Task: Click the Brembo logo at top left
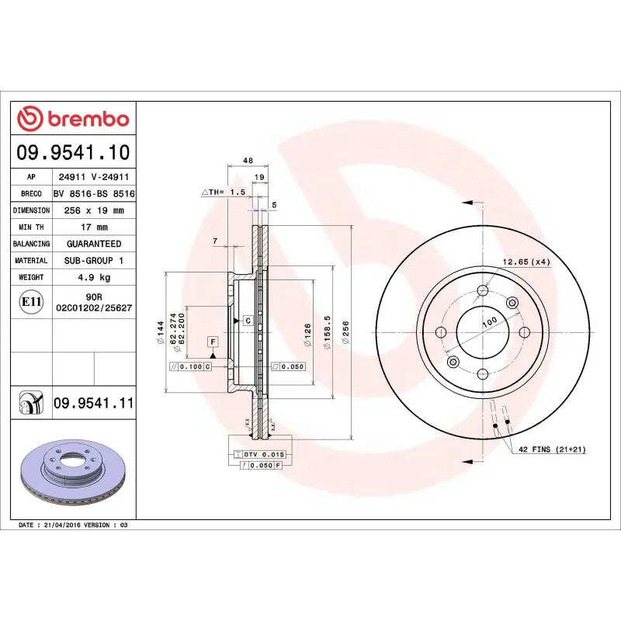tap(73, 119)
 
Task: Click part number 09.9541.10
tap(73, 151)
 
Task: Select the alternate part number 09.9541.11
tap(94, 404)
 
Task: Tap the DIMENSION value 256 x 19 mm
tap(94, 210)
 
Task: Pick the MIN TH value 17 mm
tap(94, 227)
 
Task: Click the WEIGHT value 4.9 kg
tap(94, 277)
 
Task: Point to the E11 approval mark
tap(31, 301)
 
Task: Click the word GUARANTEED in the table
tap(94, 244)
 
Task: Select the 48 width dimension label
tap(248, 161)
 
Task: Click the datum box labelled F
tap(211, 342)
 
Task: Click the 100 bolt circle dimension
tap(489, 321)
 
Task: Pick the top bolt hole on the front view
tap(483, 291)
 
